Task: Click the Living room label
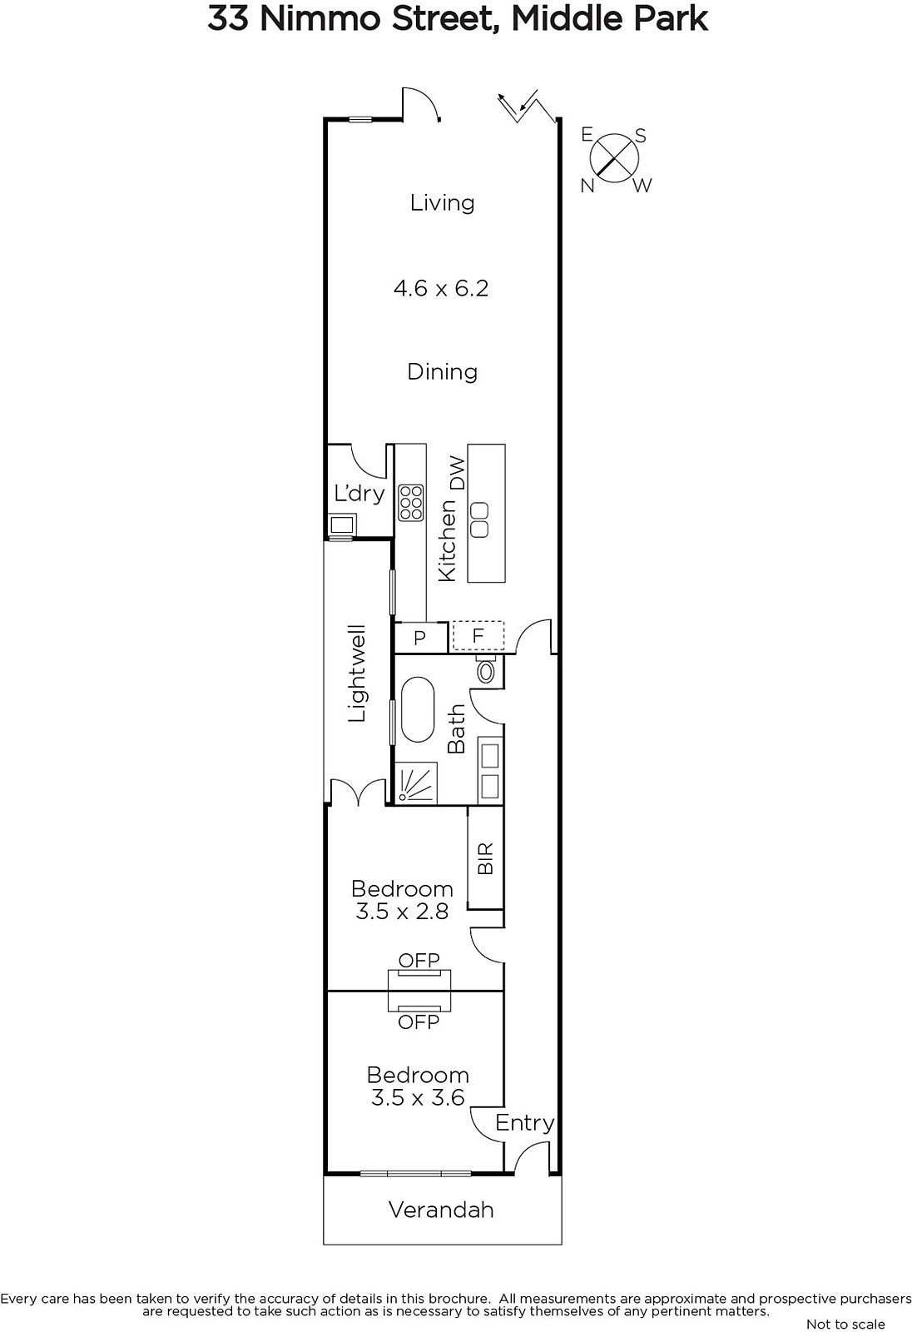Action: pyautogui.click(x=443, y=204)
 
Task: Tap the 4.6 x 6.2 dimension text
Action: pyautogui.click(x=441, y=288)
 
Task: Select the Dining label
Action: pyautogui.click(x=443, y=373)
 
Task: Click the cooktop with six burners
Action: pyautogui.click(x=411, y=503)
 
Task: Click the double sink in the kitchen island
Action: pyautogui.click(x=479, y=519)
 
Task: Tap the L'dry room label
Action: pyautogui.click(x=359, y=493)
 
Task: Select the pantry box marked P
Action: pyautogui.click(x=421, y=638)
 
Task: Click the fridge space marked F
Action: pyautogui.click(x=478, y=636)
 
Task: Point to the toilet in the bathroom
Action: pyautogui.click(x=486, y=669)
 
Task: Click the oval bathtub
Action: pyautogui.click(x=418, y=709)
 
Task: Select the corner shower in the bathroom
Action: pyautogui.click(x=415, y=783)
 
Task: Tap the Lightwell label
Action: pyautogui.click(x=357, y=673)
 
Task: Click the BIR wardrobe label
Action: pyautogui.click(x=486, y=858)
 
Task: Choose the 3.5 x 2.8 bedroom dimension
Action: pyautogui.click(x=402, y=912)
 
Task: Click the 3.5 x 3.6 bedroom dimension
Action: pyautogui.click(x=418, y=1098)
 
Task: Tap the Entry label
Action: pyautogui.click(x=524, y=1123)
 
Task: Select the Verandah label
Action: pyautogui.click(x=441, y=1210)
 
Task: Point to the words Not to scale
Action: pyautogui.click(x=845, y=1324)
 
